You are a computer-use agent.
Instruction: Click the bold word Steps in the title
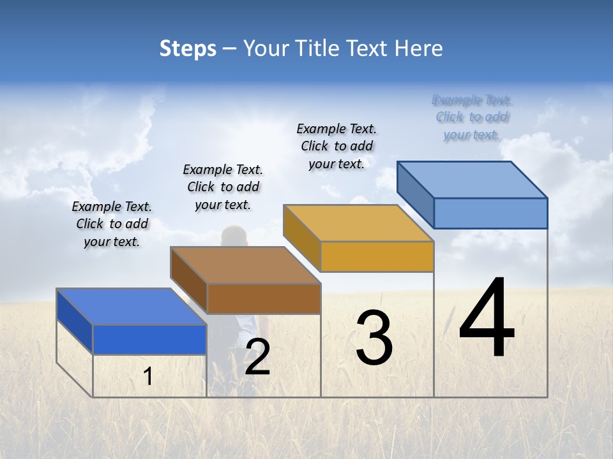pyautogui.click(x=188, y=48)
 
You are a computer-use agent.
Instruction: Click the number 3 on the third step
pyautogui.click(x=374, y=338)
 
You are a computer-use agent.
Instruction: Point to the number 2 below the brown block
pyautogui.click(x=257, y=357)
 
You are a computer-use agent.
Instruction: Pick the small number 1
pyautogui.click(x=148, y=377)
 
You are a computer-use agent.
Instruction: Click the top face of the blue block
pyautogui.click(x=132, y=307)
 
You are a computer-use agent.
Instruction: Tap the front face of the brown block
pyautogui.click(x=264, y=298)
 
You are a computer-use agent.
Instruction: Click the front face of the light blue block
pyautogui.click(x=490, y=213)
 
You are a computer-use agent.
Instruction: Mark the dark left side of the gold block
pyautogui.click(x=302, y=237)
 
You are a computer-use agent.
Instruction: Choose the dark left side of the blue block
pyautogui.click(x=75, y=320)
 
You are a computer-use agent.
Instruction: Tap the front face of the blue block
pyautogui.click(x=149, y=339)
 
